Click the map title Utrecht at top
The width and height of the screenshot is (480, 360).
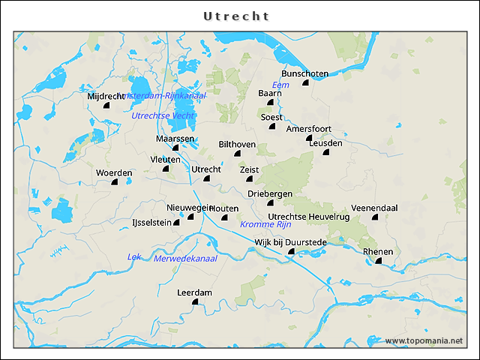click(x=236, y=16)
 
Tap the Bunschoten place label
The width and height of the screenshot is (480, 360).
click(x=304, y=73)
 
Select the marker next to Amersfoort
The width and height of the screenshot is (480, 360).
click(x=308, y=138)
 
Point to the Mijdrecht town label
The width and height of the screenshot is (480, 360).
click(x=106, y=97)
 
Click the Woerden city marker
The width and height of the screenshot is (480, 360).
click(x=115, y=181)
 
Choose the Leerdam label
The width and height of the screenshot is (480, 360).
click(x=195, y=292)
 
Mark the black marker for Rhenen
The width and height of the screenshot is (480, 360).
click(x=379, y=260)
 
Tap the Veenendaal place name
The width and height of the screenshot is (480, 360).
click(x=374, y=208)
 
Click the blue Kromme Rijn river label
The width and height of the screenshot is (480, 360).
click(x=265, y=225)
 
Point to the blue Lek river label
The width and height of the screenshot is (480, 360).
click(x=134, y=256)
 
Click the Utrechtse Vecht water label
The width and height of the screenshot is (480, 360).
click(x=163, y=115)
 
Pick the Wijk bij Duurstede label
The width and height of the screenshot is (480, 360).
click(x=290, y=241)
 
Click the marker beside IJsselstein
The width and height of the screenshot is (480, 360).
click(x=177, y=222)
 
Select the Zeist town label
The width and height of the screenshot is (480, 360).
click(x=249, y=169)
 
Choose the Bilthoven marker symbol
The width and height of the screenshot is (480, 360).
click(x=237, y=153)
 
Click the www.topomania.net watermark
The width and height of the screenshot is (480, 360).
click(x=424, y=340)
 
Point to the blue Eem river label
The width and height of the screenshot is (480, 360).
click(x=280, y=85)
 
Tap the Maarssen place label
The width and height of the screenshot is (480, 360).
click(x=176, y=139)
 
